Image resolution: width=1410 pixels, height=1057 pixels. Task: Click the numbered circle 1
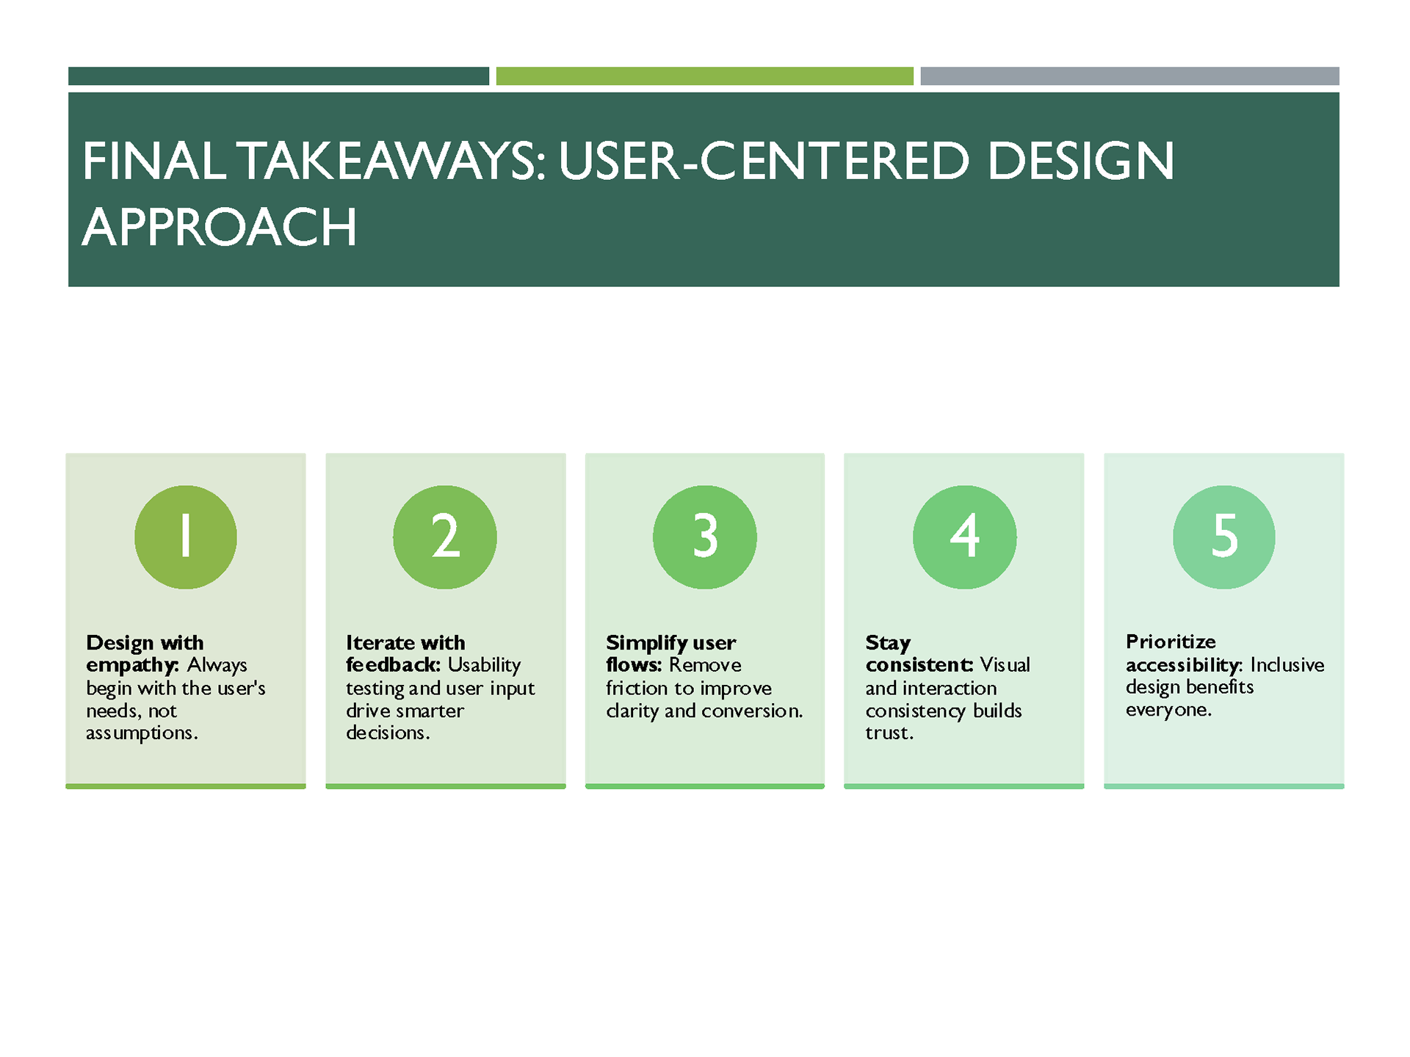[x=186, y=537]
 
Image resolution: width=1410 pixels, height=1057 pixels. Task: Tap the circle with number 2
[x=445, y=537]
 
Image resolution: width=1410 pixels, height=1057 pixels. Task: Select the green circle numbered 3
[x=705, y=537]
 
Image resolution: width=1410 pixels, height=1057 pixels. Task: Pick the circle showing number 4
[x=965, y=537]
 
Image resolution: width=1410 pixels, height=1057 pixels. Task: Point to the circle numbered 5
[x=1224, y=537]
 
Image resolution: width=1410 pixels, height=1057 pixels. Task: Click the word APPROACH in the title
[x=220, y=227]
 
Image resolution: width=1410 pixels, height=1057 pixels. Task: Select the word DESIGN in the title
[x=1081, y=161]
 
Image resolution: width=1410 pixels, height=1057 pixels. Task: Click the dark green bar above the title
[x=278, y=76]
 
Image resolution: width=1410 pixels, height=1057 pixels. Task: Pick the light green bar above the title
[x=705, y=76]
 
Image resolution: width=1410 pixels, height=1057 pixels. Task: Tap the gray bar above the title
[x=1130, y=76]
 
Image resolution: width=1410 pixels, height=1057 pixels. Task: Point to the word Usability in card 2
[x=484, y=666]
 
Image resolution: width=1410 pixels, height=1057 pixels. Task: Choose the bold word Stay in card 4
[x=888, y=644]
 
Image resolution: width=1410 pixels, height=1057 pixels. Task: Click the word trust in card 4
[x=889, y=733]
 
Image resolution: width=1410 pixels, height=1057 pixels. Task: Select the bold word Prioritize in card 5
[x=1171, y=642]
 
